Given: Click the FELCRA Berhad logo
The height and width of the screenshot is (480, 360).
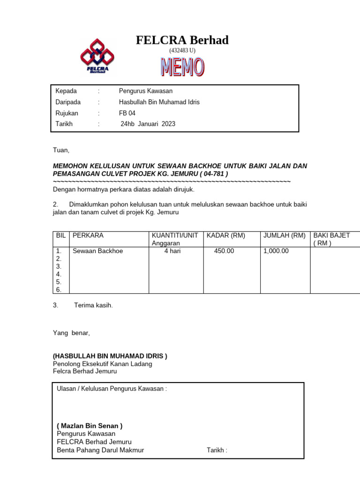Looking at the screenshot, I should coord(97,56).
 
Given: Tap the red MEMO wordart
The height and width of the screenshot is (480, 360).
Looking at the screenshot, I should coord(182,67).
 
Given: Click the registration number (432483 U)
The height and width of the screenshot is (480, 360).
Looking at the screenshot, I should coord(182,50).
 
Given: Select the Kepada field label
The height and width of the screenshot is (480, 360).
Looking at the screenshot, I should coord(66,91).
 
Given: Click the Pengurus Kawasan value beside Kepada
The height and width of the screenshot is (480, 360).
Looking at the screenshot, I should coord(146,91).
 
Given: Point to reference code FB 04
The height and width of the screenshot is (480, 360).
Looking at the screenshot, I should coord(127,113).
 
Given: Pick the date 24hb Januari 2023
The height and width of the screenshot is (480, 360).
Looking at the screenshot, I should coord(148,124).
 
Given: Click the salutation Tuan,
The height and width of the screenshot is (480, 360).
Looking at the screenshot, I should coord(60,150).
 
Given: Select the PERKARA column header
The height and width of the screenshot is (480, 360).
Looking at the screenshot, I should coord(88,235).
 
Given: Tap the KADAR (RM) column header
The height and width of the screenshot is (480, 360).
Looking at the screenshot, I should coord(226,235).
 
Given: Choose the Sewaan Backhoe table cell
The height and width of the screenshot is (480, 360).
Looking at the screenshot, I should coord(97,251).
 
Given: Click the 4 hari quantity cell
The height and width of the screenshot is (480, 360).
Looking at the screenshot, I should coord(172,251).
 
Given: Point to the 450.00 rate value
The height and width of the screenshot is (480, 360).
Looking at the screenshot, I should coord(224,251).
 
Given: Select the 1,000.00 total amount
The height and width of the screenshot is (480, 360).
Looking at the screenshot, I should coord(276,251).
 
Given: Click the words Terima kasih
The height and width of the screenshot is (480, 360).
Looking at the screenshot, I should coord(93,305).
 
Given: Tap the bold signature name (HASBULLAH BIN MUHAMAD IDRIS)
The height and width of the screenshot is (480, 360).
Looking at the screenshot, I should coord(109,356).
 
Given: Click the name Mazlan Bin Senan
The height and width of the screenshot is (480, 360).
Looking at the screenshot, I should coord(90,426).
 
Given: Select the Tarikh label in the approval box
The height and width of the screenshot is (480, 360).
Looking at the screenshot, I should coord(217,450).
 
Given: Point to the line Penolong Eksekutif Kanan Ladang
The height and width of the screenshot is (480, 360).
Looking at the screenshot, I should coord(102,364).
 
